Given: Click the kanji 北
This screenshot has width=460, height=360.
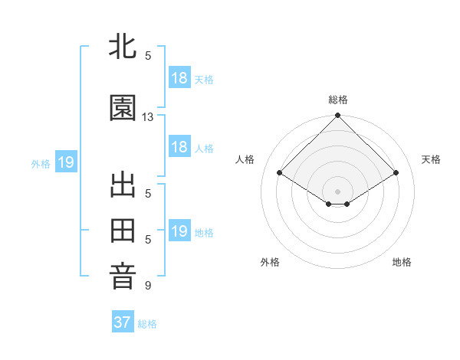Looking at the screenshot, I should pyautogui.click(x=123, y=47).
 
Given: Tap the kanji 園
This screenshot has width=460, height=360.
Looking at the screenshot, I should pyautogui.click(x=123, y=109).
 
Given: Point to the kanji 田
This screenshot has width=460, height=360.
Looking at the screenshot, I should pyautogui.click(x=123, y=231).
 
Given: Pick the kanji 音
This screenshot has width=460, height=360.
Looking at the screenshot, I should pyautogui.click(x=123, y=277).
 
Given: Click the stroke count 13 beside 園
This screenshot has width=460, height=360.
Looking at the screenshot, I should pyautogui.click(x=148, y=117).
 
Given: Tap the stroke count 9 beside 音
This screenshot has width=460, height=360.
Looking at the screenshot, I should pyautogui.click(x=148, y=286).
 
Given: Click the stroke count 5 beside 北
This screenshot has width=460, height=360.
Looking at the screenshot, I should pyautogui.click(x=148, y=55).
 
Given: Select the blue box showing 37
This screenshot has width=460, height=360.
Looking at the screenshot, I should pyautogui.click(x=123, y=322).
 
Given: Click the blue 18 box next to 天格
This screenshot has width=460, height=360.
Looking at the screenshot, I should pyautogui.click(x=179, y=78).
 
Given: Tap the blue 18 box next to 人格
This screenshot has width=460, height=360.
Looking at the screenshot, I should pyautogui.click(x=179, y=147).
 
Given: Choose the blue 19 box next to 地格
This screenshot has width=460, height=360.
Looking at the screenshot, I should pyautogui.click(x=179, y=231).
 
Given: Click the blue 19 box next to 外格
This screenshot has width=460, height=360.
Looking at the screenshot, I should pyautogui.click(x=66, y=162).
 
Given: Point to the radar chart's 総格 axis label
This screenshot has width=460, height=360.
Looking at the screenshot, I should pyautogui.click(x=338, y=100).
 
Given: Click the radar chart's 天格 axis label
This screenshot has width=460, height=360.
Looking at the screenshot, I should pyautogui.click(x=432, y=159).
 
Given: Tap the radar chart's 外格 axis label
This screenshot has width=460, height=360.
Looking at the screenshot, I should pyautogui.click(x=270, y=262).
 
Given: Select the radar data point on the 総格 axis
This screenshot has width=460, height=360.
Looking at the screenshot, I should pyautogui.click(x=338, y=116).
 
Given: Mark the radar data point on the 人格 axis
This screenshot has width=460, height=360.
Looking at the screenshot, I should pyautogui.click(x=280, y=173).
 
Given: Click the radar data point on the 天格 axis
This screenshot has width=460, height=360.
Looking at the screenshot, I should pyautogui.click(x=396, y=173).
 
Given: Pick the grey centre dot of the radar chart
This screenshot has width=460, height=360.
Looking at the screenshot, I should pyautogui.click(x=338, y=191).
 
